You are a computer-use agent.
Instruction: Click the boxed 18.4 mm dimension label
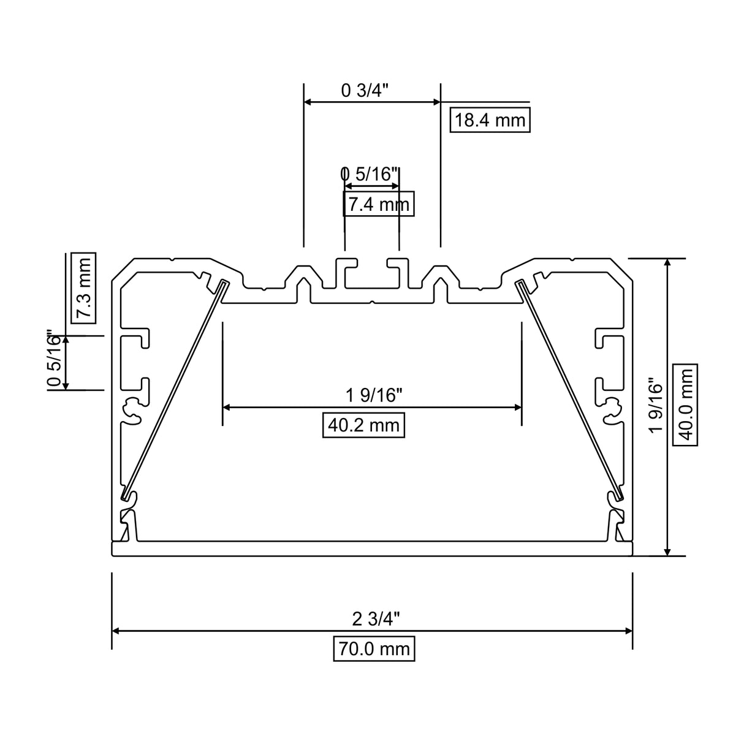pos(490,120)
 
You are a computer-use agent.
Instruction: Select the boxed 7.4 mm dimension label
pos(378,204)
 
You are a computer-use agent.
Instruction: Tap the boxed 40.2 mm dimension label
pos(363,425)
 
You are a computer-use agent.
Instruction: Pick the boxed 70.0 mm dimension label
pos(374,648)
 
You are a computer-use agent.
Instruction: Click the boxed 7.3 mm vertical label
pos(83,287)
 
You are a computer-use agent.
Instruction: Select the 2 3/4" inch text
pos(376,619)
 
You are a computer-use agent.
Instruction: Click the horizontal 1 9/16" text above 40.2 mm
pos(374,395)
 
